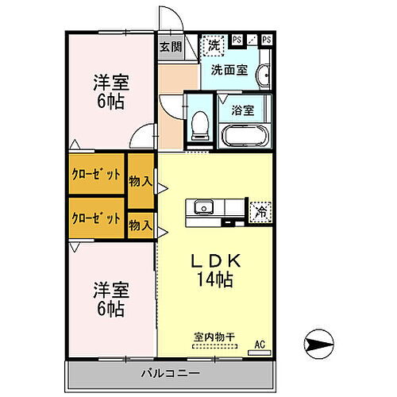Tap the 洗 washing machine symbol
(213, 45)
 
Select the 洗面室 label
(230, 70)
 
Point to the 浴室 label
(242, 110)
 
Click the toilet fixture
(200, 124)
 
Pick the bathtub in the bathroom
(243, 133)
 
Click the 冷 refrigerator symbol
(260, 211)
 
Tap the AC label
(259, 345)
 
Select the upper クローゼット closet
(96, 175)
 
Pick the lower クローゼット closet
(96, 218)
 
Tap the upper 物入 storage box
(141, 182)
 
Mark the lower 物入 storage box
(141, 225)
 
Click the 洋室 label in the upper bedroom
(110, 82)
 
